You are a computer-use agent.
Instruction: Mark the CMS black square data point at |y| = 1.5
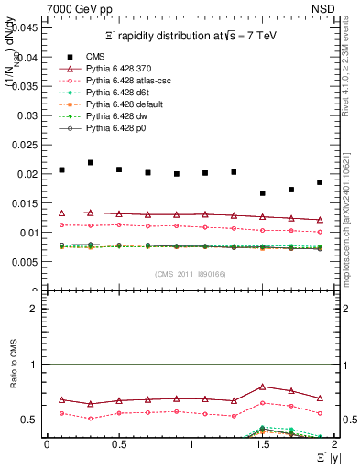pos(263,193)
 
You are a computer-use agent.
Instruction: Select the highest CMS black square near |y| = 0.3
pos(90,162)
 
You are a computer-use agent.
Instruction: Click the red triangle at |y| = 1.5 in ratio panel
pos(263,387)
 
